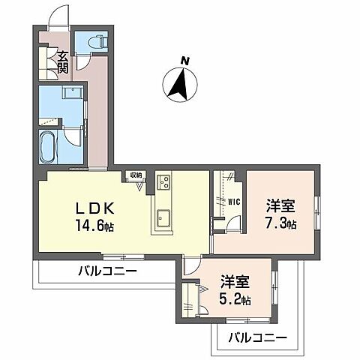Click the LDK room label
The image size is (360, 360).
[89, 207]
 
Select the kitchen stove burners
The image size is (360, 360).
[164, 182]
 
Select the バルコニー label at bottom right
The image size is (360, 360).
[256, 337]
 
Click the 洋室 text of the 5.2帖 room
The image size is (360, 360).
[235, 282]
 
